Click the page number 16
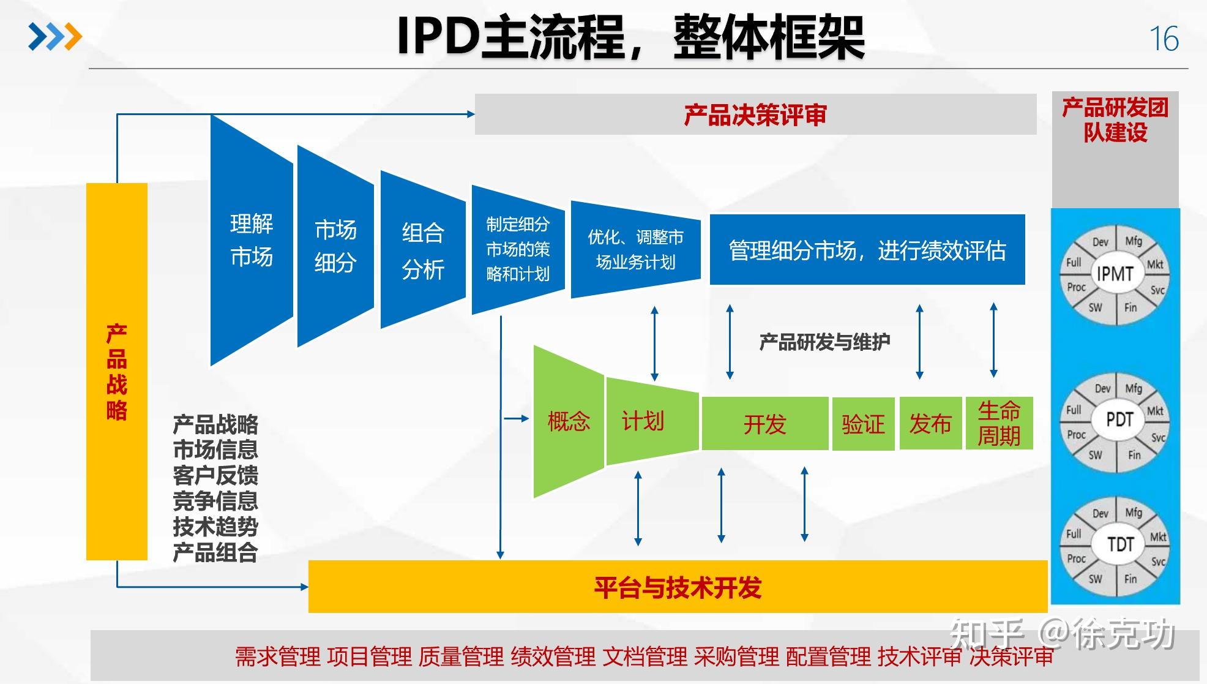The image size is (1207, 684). [1164, 39]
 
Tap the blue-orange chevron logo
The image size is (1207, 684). [55, 37]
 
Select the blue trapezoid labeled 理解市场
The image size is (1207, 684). [252, 240]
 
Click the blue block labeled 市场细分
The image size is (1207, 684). [335, 246]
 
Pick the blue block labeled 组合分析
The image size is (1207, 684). [422, 250]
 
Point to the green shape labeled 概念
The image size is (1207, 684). [568, 421]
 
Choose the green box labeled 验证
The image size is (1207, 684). [863, 424]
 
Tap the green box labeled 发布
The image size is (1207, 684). [930, 423]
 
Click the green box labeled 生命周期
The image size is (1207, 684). [999, 423]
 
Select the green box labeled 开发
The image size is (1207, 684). [764, 424]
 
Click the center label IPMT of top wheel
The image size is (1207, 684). [1115, 274]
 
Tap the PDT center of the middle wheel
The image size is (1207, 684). [1119, 419]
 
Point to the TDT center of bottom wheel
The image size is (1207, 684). [1120, 544]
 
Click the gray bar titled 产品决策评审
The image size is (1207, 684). [755, 115]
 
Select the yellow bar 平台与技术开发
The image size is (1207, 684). [677, 587]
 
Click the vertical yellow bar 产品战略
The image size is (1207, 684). [116, 371]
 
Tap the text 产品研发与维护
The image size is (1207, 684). [824, 342]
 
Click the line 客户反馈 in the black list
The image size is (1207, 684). [215, 475]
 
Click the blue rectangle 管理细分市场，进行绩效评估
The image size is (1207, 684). [867, 250]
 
